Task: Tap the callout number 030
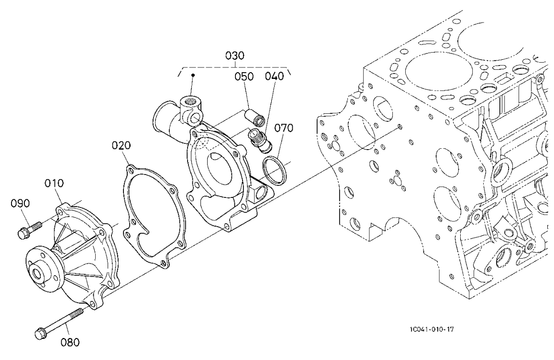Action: click(x=235, y=56)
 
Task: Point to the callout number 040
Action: click(x=275, y=76)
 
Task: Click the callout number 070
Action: click(x=284, y=128)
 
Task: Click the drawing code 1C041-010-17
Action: click(x=427, y=329)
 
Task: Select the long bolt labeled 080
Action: click(x=60, y=323)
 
